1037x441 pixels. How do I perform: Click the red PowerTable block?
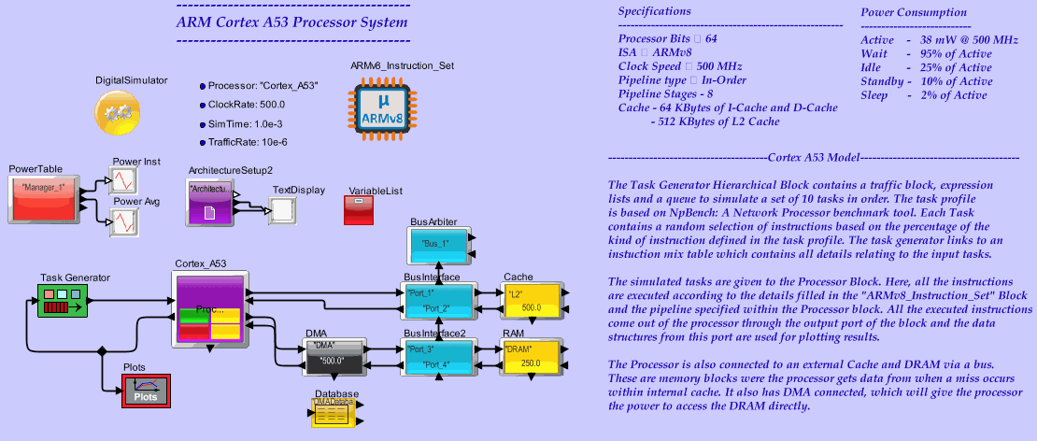pyautogui.click(x=43, y=198)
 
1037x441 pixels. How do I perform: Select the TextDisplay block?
pyautogui.click(x=284, y=211)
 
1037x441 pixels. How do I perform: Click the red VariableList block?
pyautogui.click(x=359, y=210)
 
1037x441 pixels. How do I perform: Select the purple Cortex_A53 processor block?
pyautogui.click(x=210, y=311)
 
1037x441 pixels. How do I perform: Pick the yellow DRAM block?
pyautogui.click(x=530, y=356)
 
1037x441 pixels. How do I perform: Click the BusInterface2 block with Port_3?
pyautogui.click(x=438, y=356)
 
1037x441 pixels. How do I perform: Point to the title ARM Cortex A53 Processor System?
pyautogui.click(x=291, y=21)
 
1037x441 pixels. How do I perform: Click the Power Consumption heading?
pyautogui.click(x=913, y=12)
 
